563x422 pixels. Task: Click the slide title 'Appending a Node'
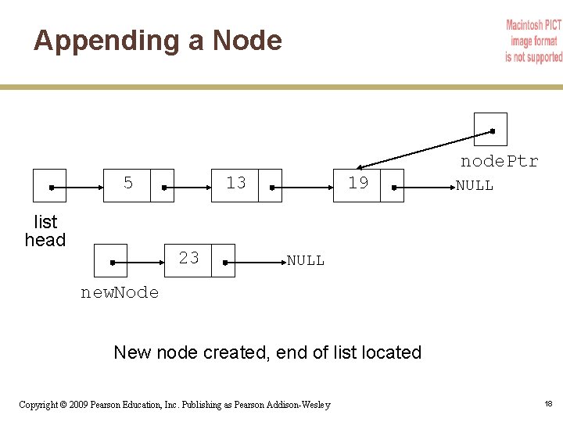point(157,40)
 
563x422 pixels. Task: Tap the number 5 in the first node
point(128,184)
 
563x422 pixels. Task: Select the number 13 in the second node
point(235,183)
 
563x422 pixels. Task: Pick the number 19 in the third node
point(358,184)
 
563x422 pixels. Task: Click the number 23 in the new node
point(188,258)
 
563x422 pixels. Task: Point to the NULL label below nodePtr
point(475,186)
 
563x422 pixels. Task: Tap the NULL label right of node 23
point(305,261)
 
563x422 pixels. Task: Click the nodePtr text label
point(499,162)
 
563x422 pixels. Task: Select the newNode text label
point(120,293)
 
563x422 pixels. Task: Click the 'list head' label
point(45,231)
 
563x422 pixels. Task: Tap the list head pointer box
point(49,186)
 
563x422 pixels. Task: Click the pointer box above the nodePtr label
point(490,129)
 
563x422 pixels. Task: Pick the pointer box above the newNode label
point(110,260)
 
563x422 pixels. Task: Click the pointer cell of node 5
point(162,186)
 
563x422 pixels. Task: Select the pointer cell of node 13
point(270,186)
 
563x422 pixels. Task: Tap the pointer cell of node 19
point(393,186)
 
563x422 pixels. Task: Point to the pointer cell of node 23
point(224,261)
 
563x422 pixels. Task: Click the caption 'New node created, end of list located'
point(267,352)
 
